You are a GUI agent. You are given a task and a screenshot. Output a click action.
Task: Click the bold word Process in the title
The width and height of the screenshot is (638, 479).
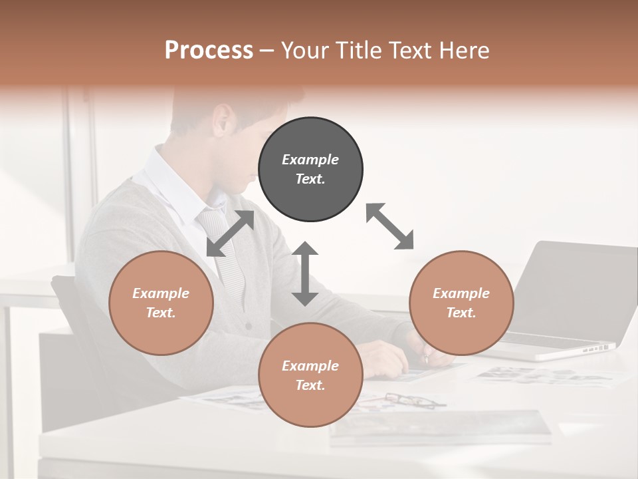[x=209, y=51]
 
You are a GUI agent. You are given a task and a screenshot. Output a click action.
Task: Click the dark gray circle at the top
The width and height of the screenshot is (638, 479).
[x=310, y=170]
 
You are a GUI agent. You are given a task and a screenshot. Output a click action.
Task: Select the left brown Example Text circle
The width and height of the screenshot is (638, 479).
[x=161, y=303]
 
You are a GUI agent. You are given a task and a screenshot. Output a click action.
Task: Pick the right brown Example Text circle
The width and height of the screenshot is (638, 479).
[x=461, y=303]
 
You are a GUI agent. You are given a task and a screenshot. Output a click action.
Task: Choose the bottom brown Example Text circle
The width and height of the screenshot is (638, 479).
[x=310, y=375]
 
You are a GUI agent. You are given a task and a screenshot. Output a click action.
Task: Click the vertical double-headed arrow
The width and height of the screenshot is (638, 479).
[x=305, y=273]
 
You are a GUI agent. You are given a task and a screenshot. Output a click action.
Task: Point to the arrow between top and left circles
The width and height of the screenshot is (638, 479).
[x=231, y=234]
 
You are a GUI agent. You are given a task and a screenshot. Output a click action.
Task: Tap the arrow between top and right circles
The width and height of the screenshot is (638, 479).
[x=389, y=226]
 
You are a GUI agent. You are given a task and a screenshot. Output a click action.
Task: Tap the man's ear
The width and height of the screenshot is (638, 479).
[x=223, y=120]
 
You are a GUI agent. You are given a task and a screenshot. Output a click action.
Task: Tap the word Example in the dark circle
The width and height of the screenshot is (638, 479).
[x=310, y=160]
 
